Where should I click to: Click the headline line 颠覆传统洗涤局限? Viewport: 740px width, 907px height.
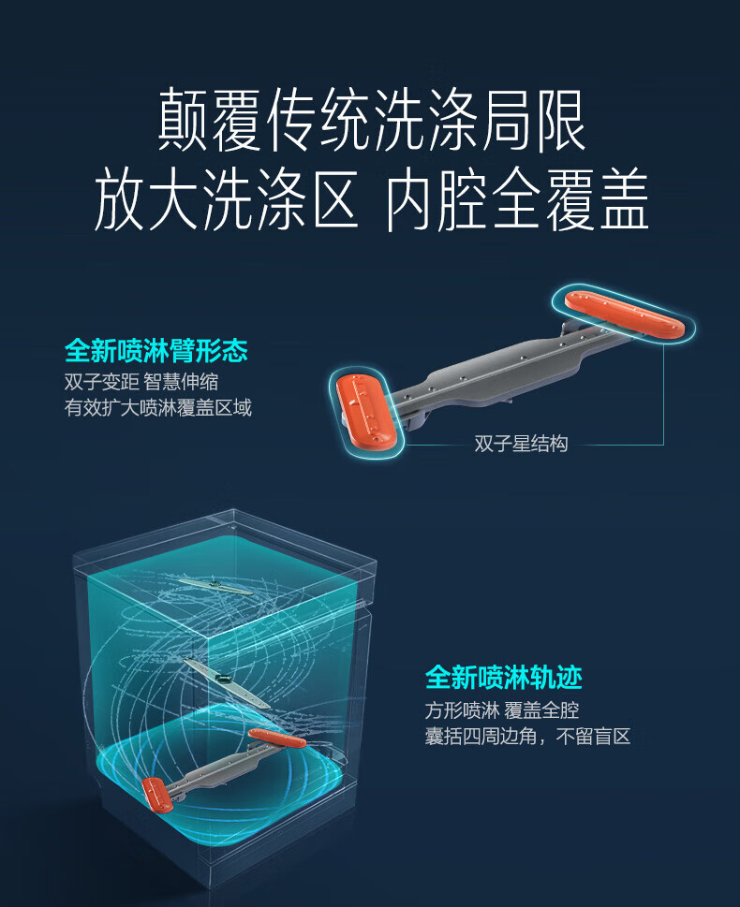coord(371,120)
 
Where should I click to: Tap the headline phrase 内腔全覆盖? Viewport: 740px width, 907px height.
coord(517,199)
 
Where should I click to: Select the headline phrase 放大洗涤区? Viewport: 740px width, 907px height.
coord(227,199)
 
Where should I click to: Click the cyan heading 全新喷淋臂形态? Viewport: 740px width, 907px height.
coord(156,350)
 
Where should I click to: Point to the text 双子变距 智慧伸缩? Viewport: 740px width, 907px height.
coord(141,382)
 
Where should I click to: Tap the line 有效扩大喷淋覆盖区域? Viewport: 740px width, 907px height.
coord(158,408)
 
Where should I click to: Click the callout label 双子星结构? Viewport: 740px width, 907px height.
coord(521,444)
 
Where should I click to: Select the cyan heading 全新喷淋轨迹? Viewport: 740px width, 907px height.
coord(504,678)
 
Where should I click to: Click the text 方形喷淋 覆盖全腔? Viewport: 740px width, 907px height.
coord(502,710)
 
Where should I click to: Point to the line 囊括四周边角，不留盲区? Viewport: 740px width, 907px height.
coord(528,737)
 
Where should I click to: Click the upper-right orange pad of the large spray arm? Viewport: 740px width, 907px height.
coord(625,314)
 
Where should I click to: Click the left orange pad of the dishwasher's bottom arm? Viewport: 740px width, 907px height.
coord(157,794)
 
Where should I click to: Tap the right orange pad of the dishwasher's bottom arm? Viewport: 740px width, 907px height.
coord(277,739)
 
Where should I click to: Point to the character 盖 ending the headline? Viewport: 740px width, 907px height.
coord(624,199)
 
